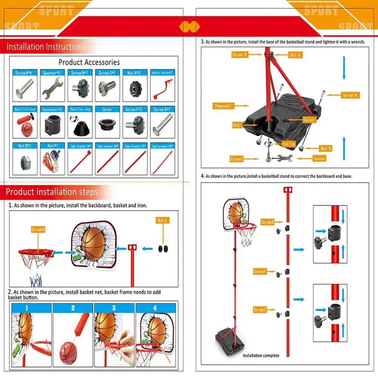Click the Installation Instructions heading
tap(46, 47)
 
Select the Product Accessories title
tap(89, 62)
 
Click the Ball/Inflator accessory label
tap(25, 110)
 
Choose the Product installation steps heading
tap(52, 192)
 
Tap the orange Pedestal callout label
tap(223, 106)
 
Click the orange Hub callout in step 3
tap(236, 125)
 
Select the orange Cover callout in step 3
tap(309, 120)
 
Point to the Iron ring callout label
tap(289, 144)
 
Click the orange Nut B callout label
tap(326, 149)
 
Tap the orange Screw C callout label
tap(236, 159)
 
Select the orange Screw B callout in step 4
tap(267, 222)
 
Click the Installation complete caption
tap(261, 355)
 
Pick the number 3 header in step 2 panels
tap(114, 308)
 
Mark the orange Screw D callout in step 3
tap(239, 55)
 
